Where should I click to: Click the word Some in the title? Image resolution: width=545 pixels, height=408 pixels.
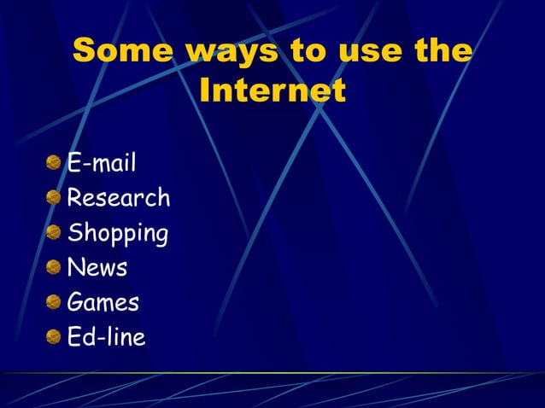pyautogui.click(x=123, y=51)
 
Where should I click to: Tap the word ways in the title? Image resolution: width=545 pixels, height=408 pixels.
pyautogui.click(x=233, y=51)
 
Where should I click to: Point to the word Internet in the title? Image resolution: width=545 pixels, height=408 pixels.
pyautogui.click(x=272, y=90)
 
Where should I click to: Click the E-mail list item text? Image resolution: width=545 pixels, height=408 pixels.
pyautogui.click(x=102, y=162)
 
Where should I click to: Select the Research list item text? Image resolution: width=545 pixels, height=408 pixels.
pyautogui.click(x=119, y=198)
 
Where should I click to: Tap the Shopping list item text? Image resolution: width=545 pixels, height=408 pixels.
pyautogui.click(x=118, y=233)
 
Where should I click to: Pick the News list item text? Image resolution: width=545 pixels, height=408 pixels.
pyautogui.click(x=97, y=268)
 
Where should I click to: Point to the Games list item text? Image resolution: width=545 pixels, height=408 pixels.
pyautogui.click(x=103, y=302)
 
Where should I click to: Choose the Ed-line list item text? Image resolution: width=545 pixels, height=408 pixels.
pyautogui.click(x=107, y=337)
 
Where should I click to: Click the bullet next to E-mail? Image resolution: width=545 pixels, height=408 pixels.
pyautogui.click(x=54, y=163)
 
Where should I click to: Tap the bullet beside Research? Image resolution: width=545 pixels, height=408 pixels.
pyautogui.click(x=54, y=198)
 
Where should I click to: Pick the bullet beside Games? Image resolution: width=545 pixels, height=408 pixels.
pyautogui.click(x=54, y=302)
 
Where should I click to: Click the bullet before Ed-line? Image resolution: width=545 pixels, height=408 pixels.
pyautogui.click(x=54, y=337)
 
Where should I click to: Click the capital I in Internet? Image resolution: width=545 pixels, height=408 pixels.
pyautogui.click(x=205, y=90)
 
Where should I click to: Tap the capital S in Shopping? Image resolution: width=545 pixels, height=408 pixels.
pyautogui.click(x=74, y=232)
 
